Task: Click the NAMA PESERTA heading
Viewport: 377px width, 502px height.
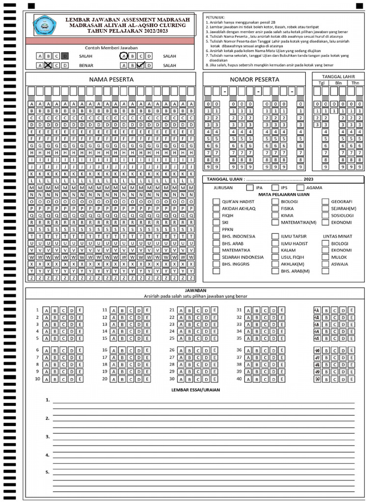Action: pyautogui.click(x=111, y=79)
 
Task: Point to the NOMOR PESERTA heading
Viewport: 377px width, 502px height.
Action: pyautogui.click(x=254, y=79)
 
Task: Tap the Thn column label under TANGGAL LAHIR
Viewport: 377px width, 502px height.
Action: pyautogui.click(x=354, y=83)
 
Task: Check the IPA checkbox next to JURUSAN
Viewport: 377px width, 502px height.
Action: pyautogui.click(x=250, y=188)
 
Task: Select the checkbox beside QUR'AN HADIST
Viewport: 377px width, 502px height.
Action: pyautogui.click(x=216, y=201)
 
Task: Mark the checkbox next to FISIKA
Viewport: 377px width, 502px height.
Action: pyautogui.click(x=275, y=208)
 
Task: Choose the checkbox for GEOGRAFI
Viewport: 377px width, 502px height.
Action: pyautogui.click(x=325, y=201)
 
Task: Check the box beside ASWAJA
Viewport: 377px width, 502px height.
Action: pyautogui.click(x=325, y=264)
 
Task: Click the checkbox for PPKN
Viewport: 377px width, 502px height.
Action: pyautogui.click(x=216, y=229)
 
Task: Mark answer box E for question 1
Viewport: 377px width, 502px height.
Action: pyautogui.click(x=80, y=310)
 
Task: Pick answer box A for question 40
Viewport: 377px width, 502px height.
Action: pyautogui.click(x=248, y=379)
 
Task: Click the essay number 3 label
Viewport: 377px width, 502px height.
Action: pyautogui.click(x=48, y=436)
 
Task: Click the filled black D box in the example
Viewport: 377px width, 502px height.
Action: pyautogui.click(x=65, y=56)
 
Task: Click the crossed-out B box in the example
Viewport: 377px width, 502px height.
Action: pyautogui.click(x=48, y=65)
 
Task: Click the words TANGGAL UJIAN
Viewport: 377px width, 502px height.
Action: pyautogui.click(x=224, y=179)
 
